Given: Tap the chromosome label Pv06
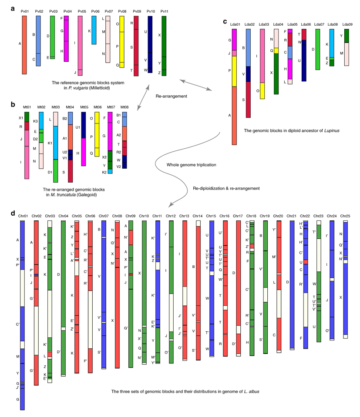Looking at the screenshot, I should pos(94,11).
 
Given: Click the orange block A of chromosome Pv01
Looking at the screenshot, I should pos(25,43).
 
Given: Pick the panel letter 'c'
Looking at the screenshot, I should pos(225,21).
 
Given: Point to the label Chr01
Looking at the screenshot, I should pos(23,216).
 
